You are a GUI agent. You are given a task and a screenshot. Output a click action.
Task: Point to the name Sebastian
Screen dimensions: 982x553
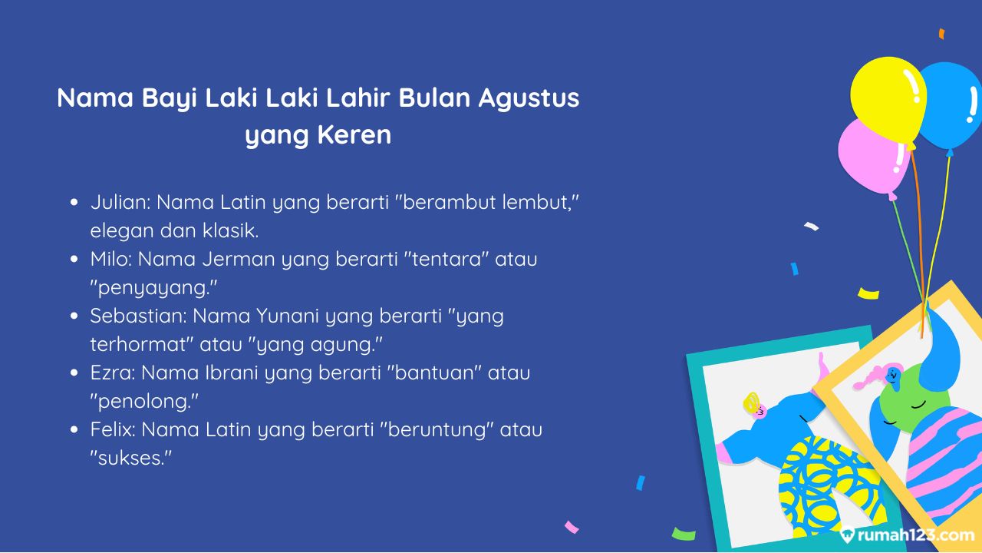138,316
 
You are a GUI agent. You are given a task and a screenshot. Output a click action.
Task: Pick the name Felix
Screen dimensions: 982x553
113,429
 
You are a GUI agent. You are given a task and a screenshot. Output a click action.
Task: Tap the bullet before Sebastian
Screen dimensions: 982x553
74,316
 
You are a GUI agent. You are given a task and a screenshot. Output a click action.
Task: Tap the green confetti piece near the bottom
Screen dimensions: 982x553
684,534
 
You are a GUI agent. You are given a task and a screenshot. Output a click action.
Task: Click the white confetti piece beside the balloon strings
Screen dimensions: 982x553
812,226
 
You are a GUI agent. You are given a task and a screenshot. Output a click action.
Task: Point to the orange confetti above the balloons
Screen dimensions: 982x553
941,34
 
